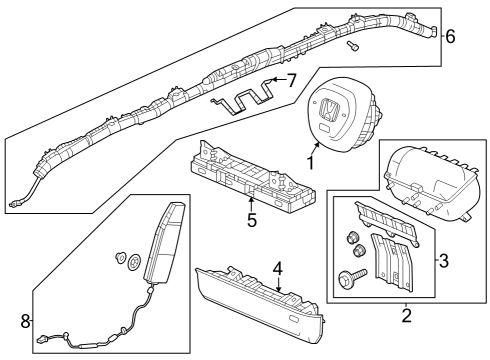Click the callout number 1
[x=310, y=163]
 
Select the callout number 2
[x=406, y=316]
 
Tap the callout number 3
[x=444, y=261]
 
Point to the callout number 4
[x=278, y=269]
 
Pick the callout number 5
[x=252, y=220]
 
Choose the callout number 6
[x=450, y=36]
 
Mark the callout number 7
[x=291, y=81]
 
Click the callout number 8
[x=25, y=322]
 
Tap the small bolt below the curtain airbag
[x=352, y=46]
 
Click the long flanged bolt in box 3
[x=352, y=276]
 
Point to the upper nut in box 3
[x=351, y=238]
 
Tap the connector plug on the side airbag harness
[x=42, y=340]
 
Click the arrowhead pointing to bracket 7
[x=274, y=80]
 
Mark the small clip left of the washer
[x=119, y=258]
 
